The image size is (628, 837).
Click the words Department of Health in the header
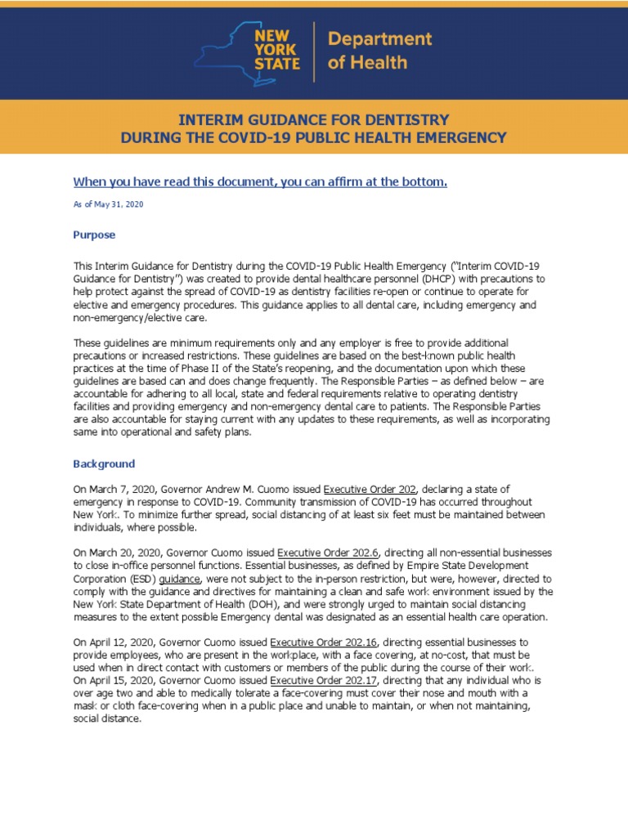point(379,51)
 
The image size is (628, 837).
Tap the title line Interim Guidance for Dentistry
point(313,119)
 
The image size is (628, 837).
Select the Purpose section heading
point(94,235)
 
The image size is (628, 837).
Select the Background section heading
point(104,463)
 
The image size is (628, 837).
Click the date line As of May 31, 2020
point(108,204)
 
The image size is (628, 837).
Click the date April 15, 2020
point(123,680)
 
